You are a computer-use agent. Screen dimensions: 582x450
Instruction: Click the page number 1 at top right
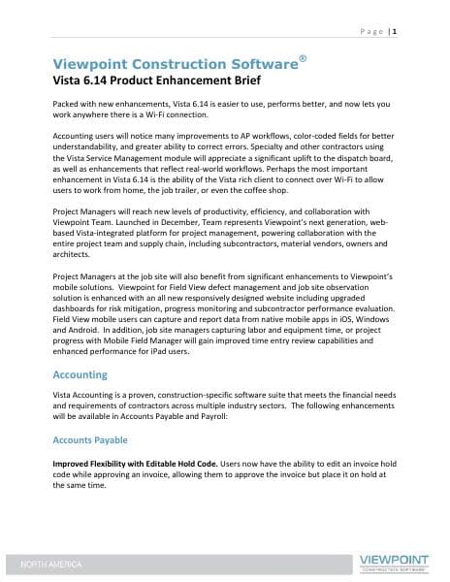397,31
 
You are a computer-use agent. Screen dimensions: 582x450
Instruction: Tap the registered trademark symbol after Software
304,58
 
